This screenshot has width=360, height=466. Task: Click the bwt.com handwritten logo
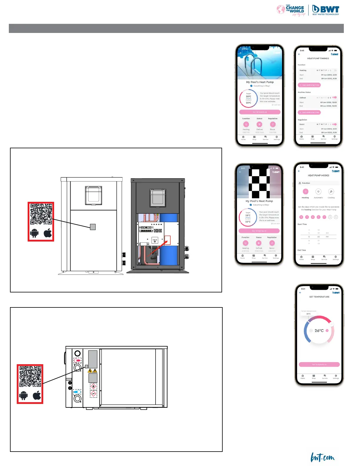(323, 457)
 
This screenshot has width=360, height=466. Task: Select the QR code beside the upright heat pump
(41, 214)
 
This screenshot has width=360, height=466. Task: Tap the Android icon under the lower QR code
(24, 395)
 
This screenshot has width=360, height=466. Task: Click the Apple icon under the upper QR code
(48, 233)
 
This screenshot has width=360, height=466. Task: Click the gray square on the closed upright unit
(93, 227)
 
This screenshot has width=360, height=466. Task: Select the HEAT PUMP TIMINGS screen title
(318, 59)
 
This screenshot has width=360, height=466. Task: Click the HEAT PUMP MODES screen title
(319, 175)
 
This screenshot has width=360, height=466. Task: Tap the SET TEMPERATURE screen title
(319, 297)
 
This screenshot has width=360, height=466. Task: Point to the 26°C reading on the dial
(319, 331)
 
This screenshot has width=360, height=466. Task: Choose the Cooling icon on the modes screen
(331, 192)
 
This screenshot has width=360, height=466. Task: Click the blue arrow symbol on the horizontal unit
(77, 392)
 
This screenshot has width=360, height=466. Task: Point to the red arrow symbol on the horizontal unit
(77, 360)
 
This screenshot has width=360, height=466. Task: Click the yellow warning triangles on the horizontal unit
(93, 371)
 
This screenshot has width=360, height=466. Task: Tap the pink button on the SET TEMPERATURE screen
(319, 365)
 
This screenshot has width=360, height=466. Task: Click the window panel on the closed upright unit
(94, 195)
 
